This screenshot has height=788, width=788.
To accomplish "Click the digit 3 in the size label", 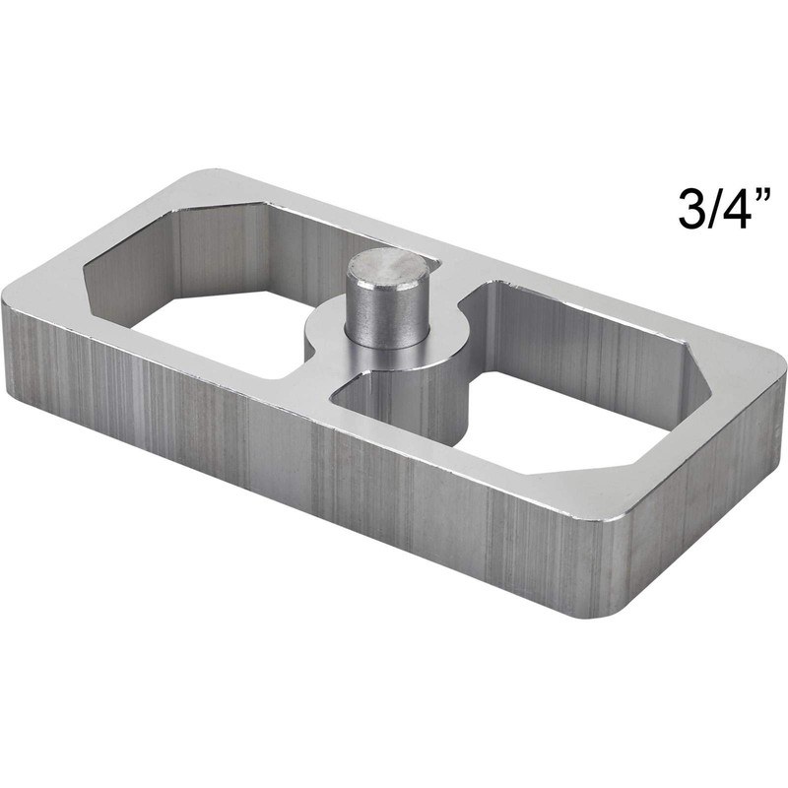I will click(693, 207).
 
